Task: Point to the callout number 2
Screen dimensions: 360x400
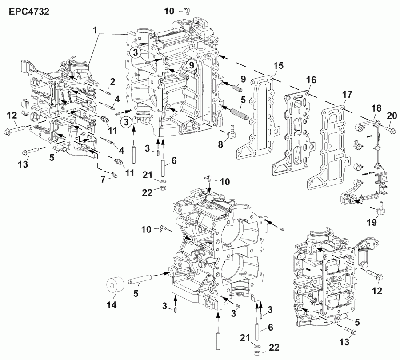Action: tap(112, 81)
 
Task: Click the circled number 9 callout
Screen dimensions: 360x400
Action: tap(191, 65)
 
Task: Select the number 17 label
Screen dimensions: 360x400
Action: tap(346, 94)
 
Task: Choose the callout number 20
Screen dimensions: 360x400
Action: tap(391, 116)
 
